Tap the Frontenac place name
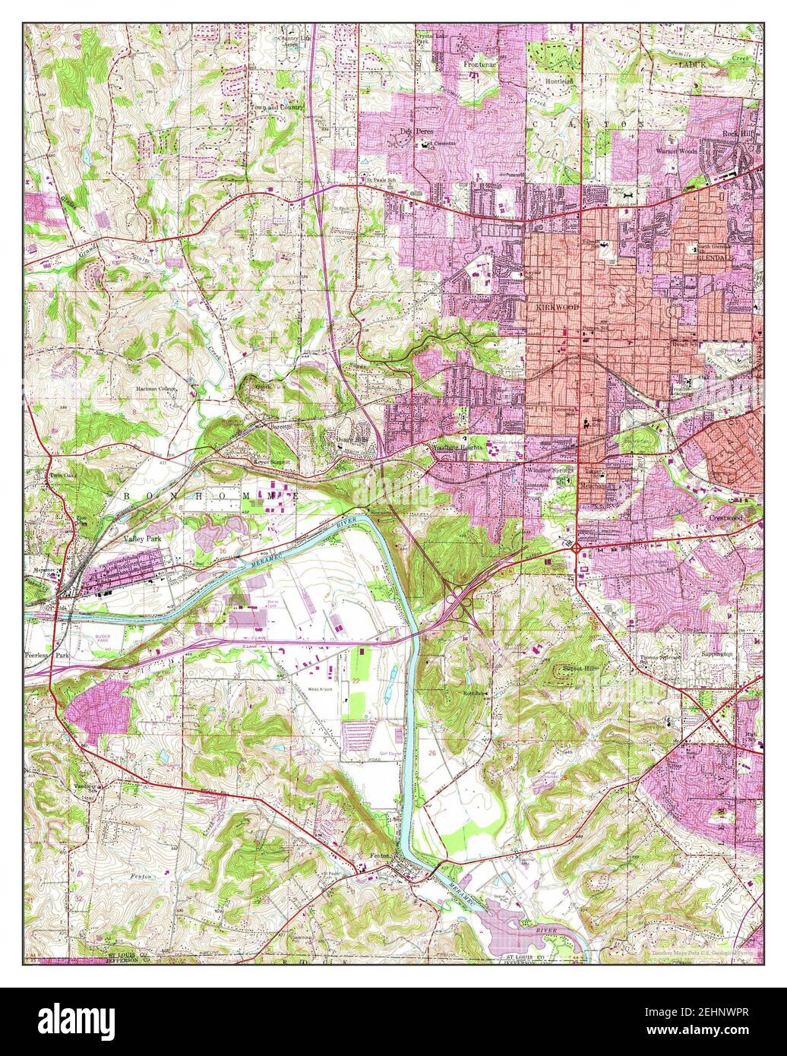click(x=481, y=65)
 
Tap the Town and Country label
click(x=277, y=107)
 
